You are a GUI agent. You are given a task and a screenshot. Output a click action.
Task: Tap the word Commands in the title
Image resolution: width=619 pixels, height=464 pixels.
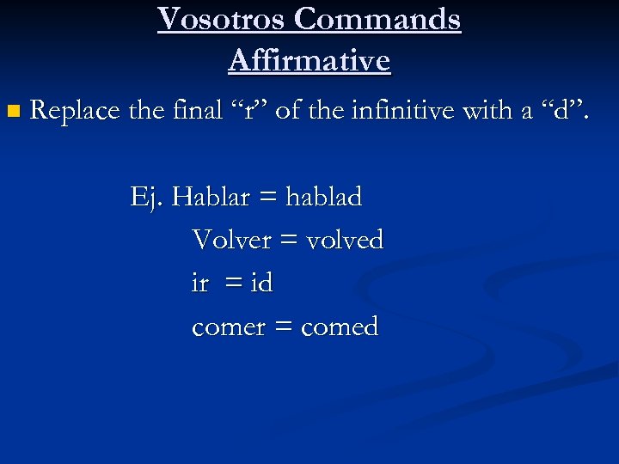tap(388, 19)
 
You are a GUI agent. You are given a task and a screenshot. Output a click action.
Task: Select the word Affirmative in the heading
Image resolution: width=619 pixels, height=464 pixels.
tap(309, 60)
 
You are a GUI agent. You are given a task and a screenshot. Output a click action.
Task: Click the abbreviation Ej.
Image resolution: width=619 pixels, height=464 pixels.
tap(146, 198)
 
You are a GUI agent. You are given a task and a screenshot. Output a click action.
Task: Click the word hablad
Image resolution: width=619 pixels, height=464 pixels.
tap(324, 198)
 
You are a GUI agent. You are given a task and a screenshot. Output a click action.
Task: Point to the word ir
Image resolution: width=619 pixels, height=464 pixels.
tap(199, 283)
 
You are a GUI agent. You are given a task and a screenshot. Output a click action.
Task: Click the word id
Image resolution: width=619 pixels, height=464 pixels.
tap(261, 283)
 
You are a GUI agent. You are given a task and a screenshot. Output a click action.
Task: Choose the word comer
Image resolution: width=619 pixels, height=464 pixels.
tap(228, 327)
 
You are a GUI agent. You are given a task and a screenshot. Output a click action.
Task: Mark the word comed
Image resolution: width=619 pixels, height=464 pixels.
tap(340, 327)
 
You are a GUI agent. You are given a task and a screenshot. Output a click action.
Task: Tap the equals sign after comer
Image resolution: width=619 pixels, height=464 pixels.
tap(285, 327)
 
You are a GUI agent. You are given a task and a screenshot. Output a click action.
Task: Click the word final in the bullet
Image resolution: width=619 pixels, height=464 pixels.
tap(189, 110)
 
